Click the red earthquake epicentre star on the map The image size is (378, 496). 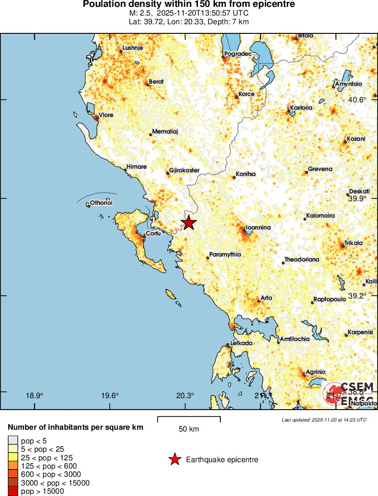point(188,223)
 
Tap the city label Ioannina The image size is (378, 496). point(258,227)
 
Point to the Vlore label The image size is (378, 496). point(106,115)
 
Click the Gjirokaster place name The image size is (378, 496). point(184,171)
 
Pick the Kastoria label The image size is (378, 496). point(301,108)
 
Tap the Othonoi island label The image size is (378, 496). point(101,203)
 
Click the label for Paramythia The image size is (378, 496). point(225,255)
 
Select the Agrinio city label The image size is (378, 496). point(315,372)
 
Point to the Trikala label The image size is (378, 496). point(354,243)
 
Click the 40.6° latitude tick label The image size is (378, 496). point(357,100)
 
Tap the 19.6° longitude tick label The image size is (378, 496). point(110,396)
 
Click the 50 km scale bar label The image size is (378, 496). point(188,429)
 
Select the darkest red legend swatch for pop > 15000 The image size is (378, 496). point(12,491)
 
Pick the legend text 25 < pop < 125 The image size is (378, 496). point(47,458)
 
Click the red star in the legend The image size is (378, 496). point(175,460)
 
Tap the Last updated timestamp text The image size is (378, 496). point(324,420)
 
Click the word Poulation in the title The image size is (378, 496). point(104,4)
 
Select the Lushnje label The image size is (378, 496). point(133,48)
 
